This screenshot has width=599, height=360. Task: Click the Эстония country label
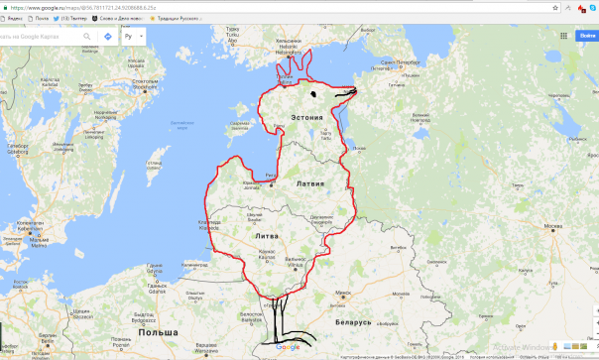coord(306,118)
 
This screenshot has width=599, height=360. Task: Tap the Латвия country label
coord(309,184)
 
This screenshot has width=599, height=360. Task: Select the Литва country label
coord(266,238)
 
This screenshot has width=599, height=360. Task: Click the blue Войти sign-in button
coord(585,36)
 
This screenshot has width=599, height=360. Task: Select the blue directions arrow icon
coord(107,36)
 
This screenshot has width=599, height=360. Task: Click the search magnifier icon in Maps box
coord(84,36)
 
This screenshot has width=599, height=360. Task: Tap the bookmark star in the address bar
coord(562,6)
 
